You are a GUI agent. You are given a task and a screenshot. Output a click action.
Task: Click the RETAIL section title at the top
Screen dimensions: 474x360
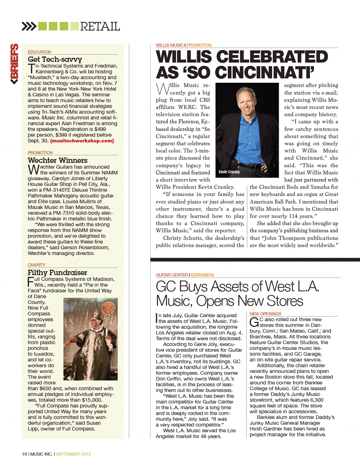point(100,26)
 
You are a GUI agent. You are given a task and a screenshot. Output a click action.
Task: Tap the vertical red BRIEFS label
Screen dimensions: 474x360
point(15,64)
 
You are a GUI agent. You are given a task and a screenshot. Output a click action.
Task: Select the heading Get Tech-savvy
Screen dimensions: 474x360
point(55,59)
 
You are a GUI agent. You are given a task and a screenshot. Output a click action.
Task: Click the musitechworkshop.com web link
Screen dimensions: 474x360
point(82,141)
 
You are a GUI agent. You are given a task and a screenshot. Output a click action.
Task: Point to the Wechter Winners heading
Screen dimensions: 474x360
point(58,160)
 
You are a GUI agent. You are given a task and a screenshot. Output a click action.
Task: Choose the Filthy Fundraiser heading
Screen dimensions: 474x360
point(57,273)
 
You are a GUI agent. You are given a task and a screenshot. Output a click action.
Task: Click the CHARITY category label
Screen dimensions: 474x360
point(36,265)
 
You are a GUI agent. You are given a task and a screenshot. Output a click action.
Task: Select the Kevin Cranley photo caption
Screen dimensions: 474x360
point(229,172)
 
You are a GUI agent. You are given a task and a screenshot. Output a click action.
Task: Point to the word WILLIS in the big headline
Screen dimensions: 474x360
point(184,57)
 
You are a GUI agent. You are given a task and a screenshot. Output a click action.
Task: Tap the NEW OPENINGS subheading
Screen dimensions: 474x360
point(265,314)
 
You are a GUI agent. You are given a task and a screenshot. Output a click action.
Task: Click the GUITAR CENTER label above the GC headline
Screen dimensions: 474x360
point(172,275)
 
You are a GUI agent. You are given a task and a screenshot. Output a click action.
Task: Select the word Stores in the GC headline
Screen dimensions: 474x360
point(285,301)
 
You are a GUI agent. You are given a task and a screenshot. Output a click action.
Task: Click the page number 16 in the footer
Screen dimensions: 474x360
point(24,454)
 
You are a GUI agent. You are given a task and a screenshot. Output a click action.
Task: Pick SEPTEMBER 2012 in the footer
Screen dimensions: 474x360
point(73,454)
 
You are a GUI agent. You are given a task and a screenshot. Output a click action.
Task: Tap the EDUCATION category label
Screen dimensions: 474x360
point(39,52)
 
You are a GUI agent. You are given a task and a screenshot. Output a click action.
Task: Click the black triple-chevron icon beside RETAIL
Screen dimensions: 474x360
point(29,26)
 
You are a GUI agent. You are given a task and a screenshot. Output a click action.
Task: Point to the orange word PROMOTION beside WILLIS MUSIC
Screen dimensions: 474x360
point(199,45)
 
